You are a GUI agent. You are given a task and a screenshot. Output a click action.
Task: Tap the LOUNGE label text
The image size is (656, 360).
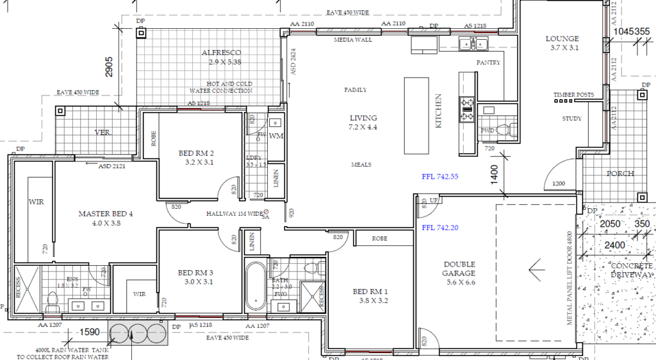coord(562,38)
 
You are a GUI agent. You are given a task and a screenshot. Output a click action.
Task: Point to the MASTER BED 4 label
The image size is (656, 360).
coord(105,214)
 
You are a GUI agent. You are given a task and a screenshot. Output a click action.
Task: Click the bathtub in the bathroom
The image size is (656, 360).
coord(256,285)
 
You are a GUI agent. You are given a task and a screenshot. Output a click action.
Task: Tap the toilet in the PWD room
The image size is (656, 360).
coord(503,130)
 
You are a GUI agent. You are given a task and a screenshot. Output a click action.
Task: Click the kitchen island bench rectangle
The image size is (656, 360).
coord(416,115)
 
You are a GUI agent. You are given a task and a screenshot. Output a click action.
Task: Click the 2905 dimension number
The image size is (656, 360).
coord(110,66)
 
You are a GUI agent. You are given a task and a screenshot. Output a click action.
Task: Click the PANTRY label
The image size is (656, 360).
coord(488,63)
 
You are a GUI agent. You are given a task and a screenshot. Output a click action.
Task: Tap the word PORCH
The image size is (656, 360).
coord(620,174)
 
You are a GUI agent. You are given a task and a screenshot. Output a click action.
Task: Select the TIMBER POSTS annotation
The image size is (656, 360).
coord(573,95)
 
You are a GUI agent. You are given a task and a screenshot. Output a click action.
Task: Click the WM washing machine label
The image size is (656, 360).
coord(276,136)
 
